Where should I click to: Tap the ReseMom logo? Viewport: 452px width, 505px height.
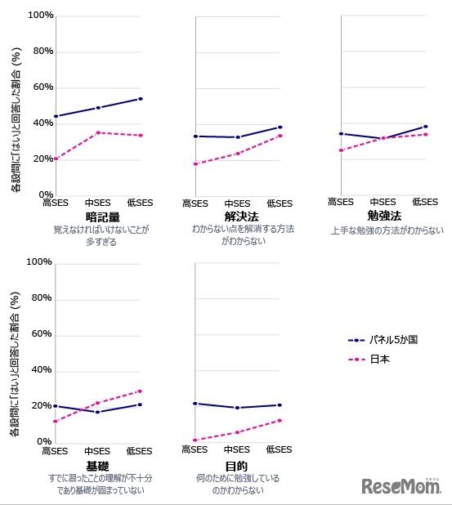[402, 486]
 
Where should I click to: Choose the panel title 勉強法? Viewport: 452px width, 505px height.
[385, 216]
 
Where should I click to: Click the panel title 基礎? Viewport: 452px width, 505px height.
[97, 464]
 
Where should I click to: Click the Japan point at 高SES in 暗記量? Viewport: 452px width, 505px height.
[56, 159]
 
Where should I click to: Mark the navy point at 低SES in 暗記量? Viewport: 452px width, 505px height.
[141, 99]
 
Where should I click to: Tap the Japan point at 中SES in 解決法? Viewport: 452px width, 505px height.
[238, 154]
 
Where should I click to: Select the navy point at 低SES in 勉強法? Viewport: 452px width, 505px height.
[426, 127]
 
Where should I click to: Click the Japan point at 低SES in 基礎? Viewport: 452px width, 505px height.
[140, 391]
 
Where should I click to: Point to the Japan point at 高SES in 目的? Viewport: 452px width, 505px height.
[195, 440]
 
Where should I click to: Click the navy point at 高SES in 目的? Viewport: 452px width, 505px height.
[195, 404]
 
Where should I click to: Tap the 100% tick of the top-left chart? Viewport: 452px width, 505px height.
[40, 16]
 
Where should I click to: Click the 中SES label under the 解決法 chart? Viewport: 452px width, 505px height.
[237, 203]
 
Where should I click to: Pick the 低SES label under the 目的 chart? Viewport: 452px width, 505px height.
[279, 450]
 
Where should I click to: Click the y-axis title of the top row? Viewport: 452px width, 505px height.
[15, 106]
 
